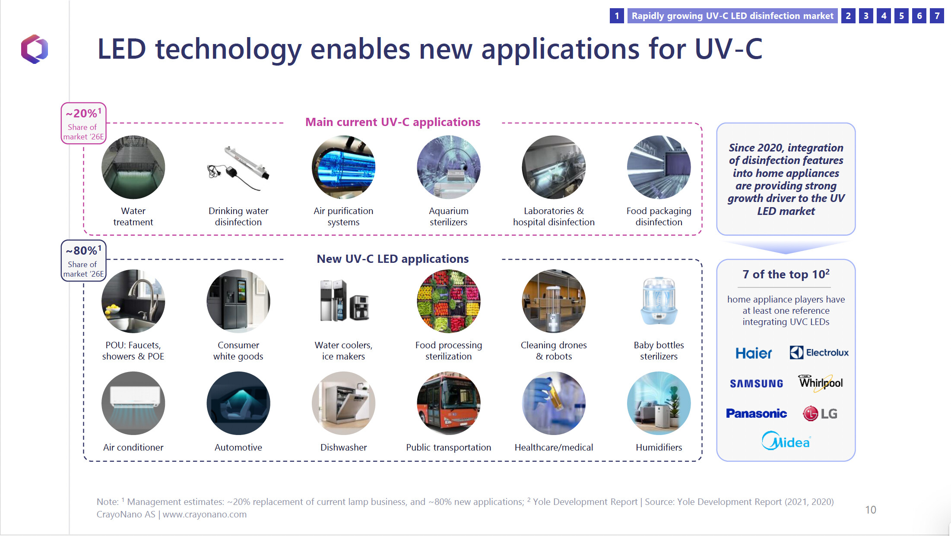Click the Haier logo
pyautogui.click(x=754, y=353)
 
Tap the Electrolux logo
pyautogui.click(x=819, y=353)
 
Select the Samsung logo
pyautogui.click(x=756, y=383)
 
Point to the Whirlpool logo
pyautogui.click(x=821, y=383)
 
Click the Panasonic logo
pyautogui.click(x=756, y=413)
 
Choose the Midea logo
pyautogui.click(x=786, y=441)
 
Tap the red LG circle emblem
pyautogui.click(x=810, y=413)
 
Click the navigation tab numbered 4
pyautogui.click(x=884, y=16)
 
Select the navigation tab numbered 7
pyautogui.click(x=937, y=16)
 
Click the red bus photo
pyautogui.click(x=448, y=403)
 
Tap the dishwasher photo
pyautogui.click(x=343, y=403)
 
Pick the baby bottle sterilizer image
pyautogui.click(x=659, y=301)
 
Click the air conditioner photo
pyautogui.click(x=133, y=403)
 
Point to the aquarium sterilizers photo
pyautogui.click(x=448, y=167)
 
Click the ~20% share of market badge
pyautogui.click(x=83, y=123)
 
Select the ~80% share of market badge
pyautogui.click(x=83, y=261)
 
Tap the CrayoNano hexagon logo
pyautogui.click(x=35, y=49)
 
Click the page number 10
pyautogui.click(x=871, y=510)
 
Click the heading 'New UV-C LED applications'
pyautogui.click(x=393, y=259)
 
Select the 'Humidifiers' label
pyautogui.click(x=659, y=448)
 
